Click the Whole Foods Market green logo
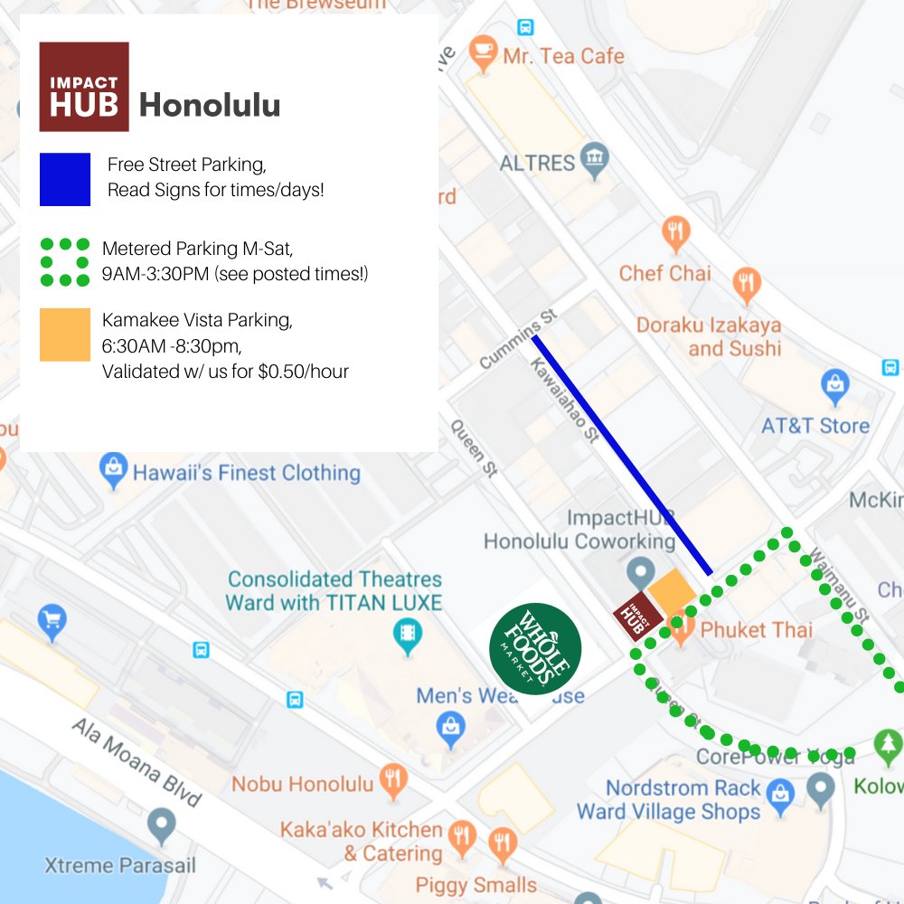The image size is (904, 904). (535, 648)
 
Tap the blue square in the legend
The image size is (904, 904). (65, 179)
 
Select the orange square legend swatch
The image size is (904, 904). (65, 334)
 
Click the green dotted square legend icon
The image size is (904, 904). (65, 262)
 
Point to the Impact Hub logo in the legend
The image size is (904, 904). (84, 87)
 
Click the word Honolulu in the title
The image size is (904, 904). (210, 106)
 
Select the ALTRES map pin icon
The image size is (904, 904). (594, 160)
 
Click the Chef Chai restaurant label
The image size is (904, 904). (664, 273)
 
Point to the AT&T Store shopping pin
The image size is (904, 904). (834, 386)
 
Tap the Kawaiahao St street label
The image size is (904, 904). (565, 399)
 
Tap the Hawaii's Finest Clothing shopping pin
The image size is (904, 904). (114, 469)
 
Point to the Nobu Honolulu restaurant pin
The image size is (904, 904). (391, 780)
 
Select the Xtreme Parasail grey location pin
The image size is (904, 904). (162, 824)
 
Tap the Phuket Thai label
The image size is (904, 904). (756, 629)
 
